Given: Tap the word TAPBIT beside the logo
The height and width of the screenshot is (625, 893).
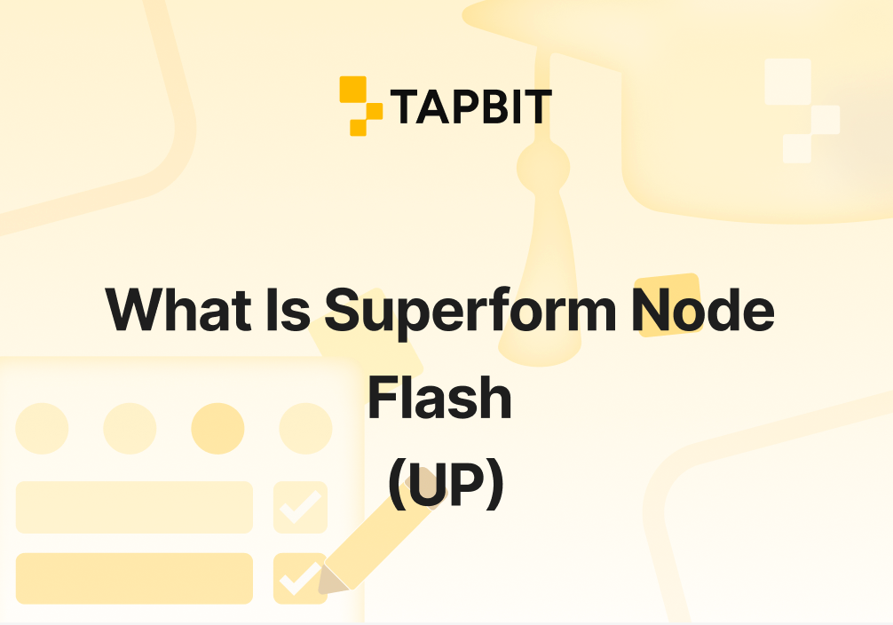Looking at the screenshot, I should (x=470, y=107).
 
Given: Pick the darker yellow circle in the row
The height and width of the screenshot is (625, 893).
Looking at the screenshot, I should (x=217, y=428).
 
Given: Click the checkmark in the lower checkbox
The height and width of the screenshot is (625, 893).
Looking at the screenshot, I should (x=299, y=578).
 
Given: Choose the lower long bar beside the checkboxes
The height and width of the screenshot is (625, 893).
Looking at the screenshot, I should (x=134, y=578).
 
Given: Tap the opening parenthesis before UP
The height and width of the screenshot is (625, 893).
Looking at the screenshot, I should (x=397, y=486).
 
